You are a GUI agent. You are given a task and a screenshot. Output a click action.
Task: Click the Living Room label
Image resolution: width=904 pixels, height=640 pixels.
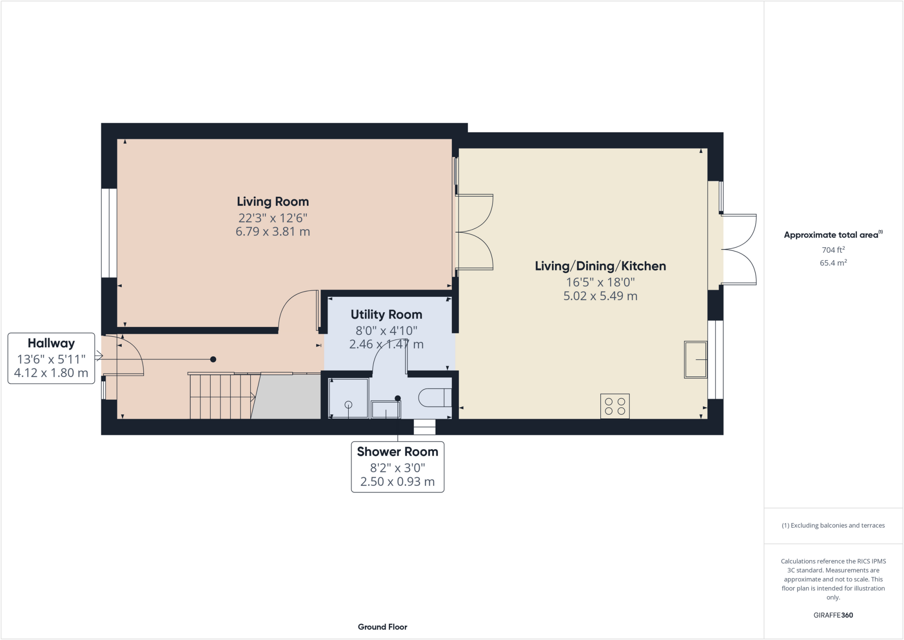272,202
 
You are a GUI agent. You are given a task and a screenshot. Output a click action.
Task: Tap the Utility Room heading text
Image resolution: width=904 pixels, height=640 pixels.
386,314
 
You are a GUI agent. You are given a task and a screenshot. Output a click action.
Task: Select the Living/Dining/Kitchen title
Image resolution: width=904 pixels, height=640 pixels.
600,266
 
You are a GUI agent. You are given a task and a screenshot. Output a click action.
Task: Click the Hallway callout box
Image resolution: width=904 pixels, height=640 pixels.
51,358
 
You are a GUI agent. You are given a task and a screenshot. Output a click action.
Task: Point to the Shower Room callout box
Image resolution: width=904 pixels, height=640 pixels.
397,467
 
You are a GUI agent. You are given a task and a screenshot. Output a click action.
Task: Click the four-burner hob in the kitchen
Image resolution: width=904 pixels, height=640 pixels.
615,406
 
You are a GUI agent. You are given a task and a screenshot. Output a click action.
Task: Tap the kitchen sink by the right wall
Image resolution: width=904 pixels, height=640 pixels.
696,360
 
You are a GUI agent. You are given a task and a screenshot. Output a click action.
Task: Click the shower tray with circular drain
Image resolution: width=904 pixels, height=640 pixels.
348,398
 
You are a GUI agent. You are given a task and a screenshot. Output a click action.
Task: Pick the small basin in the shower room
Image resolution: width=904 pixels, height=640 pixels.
385,410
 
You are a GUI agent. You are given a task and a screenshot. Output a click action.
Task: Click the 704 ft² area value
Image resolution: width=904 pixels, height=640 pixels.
833,250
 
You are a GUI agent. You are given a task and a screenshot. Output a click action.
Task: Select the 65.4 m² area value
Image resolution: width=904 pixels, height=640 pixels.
833,263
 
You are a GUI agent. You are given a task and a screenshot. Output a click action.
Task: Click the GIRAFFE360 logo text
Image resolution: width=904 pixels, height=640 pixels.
833,615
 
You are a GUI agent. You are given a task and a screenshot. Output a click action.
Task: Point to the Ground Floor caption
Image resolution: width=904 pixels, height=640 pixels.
382,627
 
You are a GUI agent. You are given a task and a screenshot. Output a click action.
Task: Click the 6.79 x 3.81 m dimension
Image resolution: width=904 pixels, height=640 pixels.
272,232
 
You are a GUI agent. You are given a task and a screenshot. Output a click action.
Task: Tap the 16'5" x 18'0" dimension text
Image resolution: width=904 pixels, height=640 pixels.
600,282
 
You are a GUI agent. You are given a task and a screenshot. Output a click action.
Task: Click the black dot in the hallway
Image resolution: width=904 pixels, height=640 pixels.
213,360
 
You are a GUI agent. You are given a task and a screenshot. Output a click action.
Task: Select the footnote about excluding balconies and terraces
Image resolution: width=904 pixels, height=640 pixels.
833,526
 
